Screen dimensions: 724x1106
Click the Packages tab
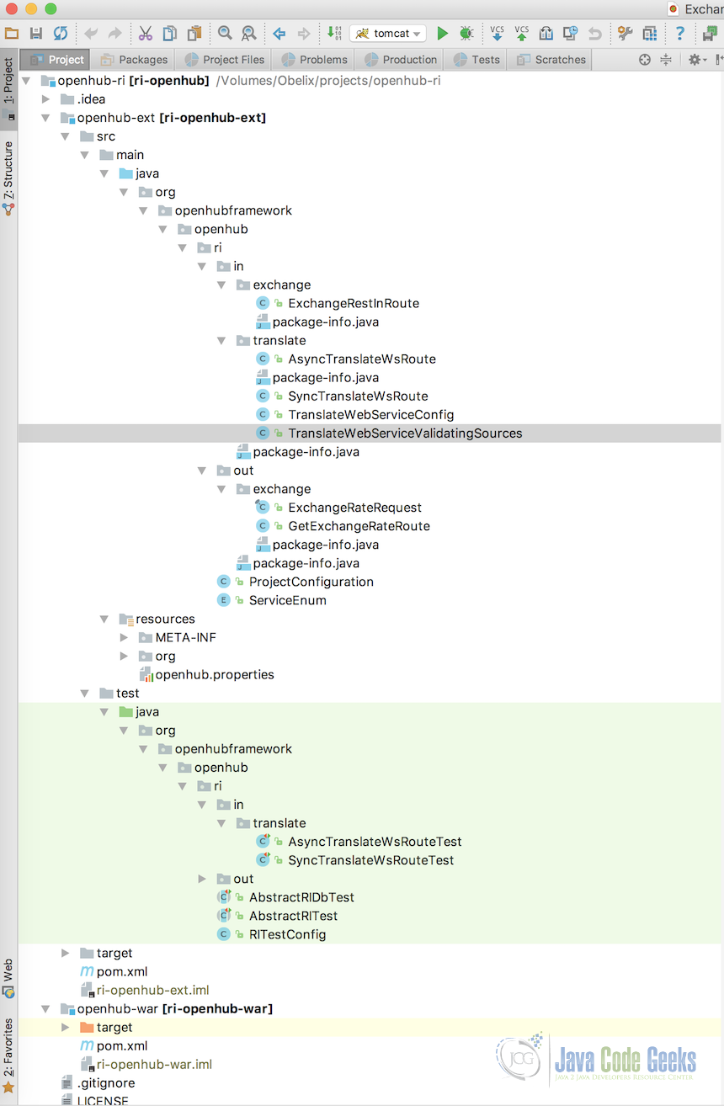(x=134, y=60)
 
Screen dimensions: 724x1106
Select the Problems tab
(x=314, y=60)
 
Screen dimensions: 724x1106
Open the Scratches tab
(x=551, y=60)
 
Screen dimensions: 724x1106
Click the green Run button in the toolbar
(x=442, y=34)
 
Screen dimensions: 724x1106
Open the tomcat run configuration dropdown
(x=388, y=34)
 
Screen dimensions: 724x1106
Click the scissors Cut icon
(x=145, y=34)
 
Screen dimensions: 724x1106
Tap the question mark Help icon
(x=680, y=34)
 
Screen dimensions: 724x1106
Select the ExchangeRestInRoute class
(x=353, y=303)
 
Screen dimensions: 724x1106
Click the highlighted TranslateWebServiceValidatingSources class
(x=405, y=433)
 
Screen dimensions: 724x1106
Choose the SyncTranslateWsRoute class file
(x=358, y=396)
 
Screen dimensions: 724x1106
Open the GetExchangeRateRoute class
(x=359, y=526)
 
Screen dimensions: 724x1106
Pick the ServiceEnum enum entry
(x=287, y=600)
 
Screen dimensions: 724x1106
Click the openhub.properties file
(x=215, y=674)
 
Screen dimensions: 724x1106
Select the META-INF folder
(x=185, y=637)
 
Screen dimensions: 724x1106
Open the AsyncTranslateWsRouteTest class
(x=375, y=842)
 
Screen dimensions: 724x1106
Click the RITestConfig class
(x=287, y=934)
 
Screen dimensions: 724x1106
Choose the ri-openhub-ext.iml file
(x=152, y=990)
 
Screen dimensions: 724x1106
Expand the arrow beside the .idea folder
(x=45, y=99)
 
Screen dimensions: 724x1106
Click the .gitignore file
(x=106, y=1082)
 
